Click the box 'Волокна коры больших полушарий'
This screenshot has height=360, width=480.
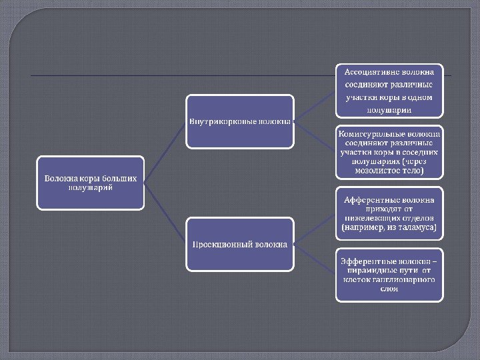pos(90,183)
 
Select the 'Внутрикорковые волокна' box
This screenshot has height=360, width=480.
pos(239,121)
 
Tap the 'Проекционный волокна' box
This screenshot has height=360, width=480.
pos(239,244)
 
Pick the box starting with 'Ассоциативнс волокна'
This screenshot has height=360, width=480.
pos(389,90)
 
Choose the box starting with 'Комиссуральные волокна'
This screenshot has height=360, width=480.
pos(389,152)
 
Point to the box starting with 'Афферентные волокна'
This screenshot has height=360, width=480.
pos(389,213)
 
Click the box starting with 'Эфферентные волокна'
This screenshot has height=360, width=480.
pos(389,275)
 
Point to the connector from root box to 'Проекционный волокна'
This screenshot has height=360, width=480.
pos(165,213)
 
